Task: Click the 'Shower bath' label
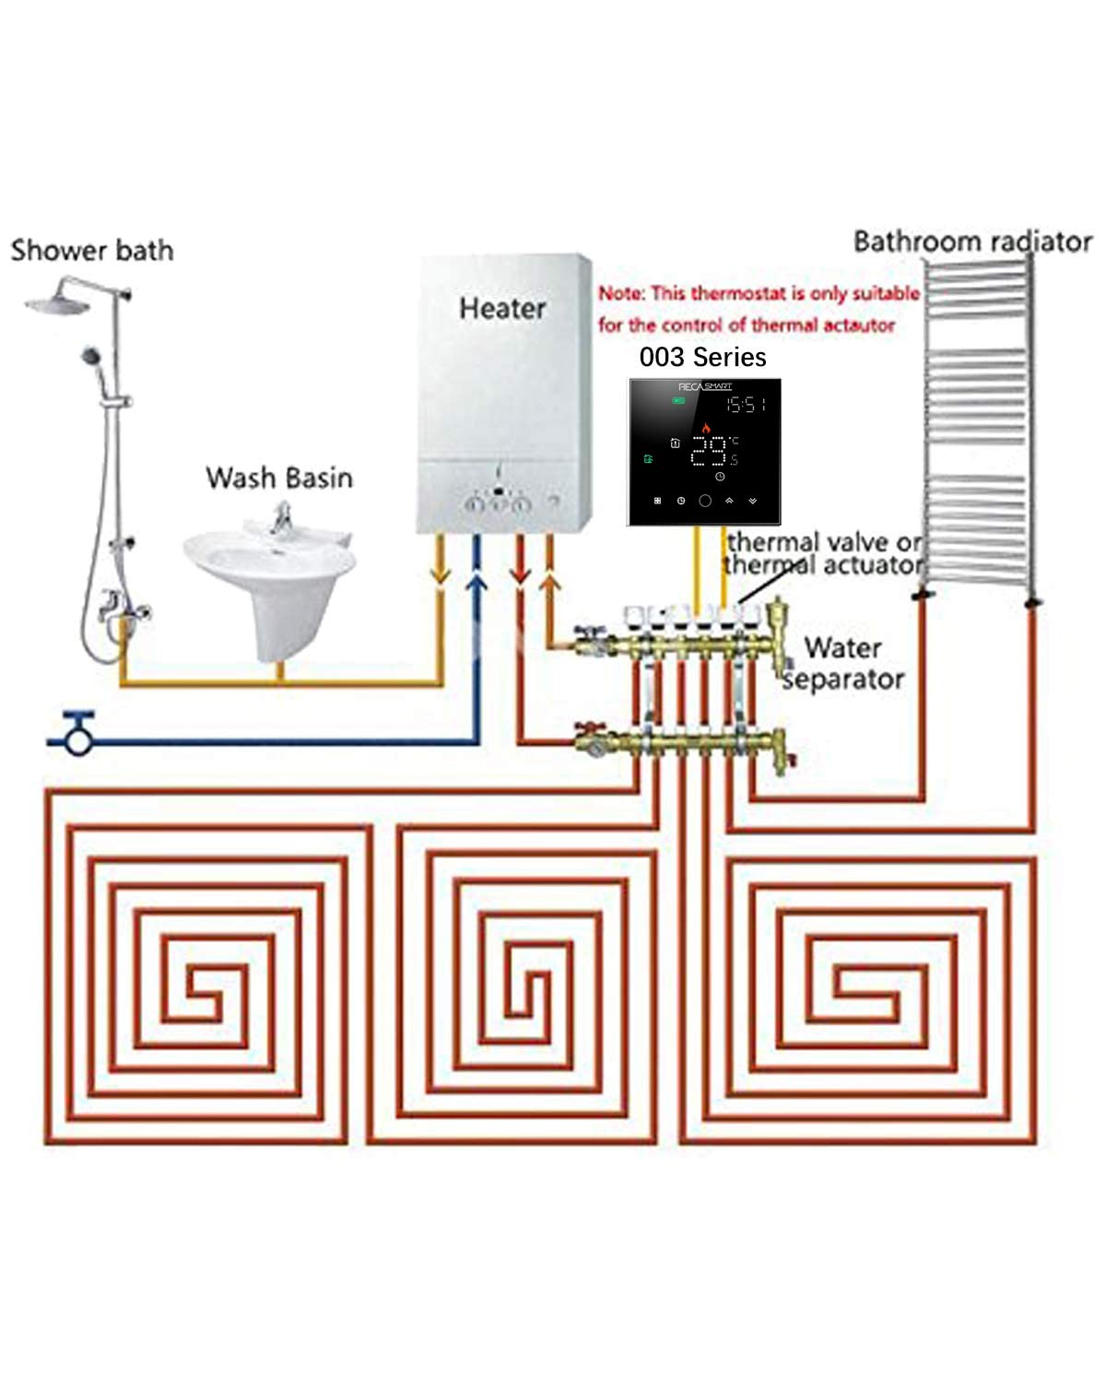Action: (x=92, y=250)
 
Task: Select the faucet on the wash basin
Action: (x=280, y=519)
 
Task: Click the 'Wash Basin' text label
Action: (x=279, y=478)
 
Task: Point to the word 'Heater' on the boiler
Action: (x=502, y=308)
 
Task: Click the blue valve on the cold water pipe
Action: (x=78, y=735)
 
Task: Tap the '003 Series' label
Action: (x=702, y=357)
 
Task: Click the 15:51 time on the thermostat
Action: (x=746, y=404)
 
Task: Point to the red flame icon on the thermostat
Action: (x=706, y=428)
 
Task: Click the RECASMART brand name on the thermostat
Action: (x=705, y=386)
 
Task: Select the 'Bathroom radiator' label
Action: (x=972, y=242)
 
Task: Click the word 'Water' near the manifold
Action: (x=842, y=647)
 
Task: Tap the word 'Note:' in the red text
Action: (x=621, y=293)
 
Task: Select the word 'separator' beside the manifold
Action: (x=843, y=680)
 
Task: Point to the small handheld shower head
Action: (x=90, y=354)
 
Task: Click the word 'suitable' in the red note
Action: (x=885, y=293)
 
